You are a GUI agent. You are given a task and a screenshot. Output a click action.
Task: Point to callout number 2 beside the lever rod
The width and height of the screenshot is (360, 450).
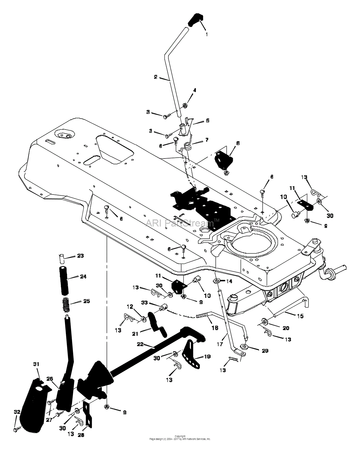click(x=156, y=77)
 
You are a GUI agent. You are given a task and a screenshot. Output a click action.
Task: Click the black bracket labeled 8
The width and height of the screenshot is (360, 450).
click(x=224, y=159)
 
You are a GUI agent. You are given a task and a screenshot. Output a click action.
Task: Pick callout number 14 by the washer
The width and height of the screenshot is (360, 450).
click(x=229, y=281)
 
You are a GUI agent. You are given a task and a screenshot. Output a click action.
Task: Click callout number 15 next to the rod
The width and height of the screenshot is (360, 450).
click(x=300, y=316)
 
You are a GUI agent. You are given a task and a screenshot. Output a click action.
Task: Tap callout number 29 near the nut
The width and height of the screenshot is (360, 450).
click(x=265, y=351)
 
